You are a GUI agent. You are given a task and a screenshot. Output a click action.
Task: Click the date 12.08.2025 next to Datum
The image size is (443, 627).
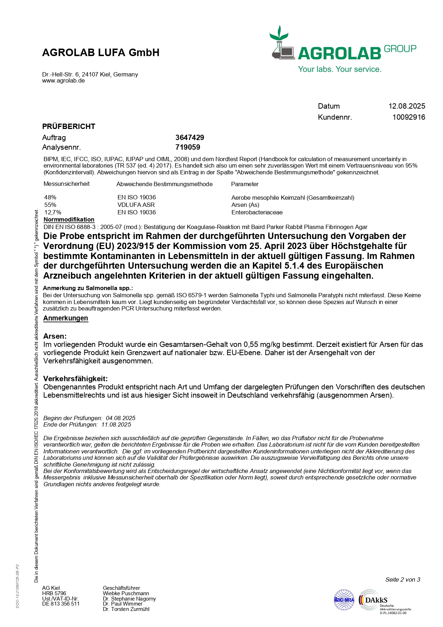(x=407, y=106)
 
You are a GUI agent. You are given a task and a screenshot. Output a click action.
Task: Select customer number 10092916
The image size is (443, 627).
(x=408, y=117)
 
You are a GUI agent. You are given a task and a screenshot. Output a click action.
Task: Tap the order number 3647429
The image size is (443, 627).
(x=190, y=138)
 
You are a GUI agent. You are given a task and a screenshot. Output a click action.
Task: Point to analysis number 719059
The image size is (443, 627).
(x=188, y=147)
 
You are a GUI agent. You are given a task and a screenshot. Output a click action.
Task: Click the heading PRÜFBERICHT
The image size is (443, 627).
(x=69, y=126)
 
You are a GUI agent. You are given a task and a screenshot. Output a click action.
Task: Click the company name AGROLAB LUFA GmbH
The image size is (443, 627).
(x=101, y=53)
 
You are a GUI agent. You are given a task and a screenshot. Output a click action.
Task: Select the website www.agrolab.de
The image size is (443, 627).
(x=63, y=81)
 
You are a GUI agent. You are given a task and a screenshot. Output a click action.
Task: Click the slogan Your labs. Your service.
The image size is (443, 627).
(x=340, y=69)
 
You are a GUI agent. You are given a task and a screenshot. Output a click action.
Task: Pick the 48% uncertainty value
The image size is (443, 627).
(x=50, y=197)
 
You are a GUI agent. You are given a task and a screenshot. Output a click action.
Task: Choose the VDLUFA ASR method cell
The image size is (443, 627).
(x=136, y=205)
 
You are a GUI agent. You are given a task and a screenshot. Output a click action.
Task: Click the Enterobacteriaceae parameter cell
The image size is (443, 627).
(x=257, y=212)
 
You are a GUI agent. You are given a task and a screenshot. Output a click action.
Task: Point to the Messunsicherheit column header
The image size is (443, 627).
(x=66, y=184)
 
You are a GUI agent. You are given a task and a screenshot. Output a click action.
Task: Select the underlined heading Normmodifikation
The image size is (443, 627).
(x=69, y=219)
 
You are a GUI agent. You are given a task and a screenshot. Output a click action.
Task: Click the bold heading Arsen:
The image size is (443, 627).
(x=55, y=336)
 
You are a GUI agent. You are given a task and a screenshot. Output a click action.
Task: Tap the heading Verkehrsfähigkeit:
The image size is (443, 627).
(x=75, y=378)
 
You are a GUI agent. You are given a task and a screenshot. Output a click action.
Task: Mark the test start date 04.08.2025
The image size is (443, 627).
(x=120, y=418)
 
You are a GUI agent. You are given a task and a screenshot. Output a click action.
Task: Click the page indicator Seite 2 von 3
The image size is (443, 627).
(x=403, y=579)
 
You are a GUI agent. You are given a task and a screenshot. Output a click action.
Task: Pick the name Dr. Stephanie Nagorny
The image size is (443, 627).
(x=129, y=598)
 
